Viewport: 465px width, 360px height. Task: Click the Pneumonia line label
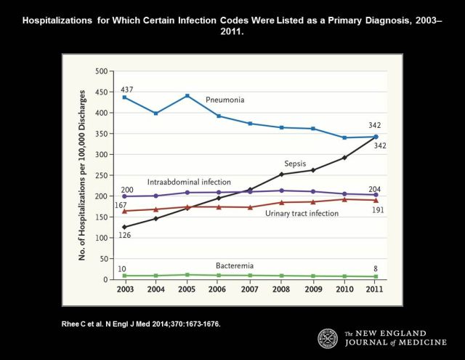point(225,98)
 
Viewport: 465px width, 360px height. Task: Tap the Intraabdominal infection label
point(189,182)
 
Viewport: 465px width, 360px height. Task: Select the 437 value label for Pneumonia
point(127,89)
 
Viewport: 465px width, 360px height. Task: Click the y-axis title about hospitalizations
point(84,175)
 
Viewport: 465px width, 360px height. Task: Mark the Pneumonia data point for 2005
point(187,96)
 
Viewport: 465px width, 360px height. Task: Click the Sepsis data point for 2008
point(281,175)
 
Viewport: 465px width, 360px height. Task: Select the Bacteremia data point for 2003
point(125,276)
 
